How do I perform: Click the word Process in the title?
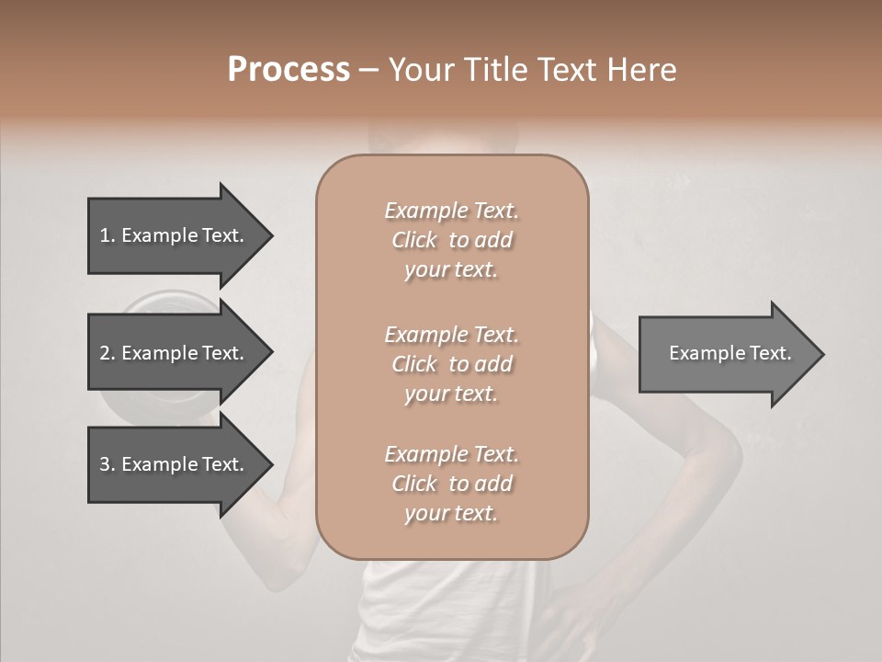coord(288,70)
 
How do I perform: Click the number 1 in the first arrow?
coord(106,235)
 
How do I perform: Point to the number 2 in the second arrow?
coord(106,353)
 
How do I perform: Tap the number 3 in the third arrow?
coord(106,464)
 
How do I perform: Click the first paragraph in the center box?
coord(451,240)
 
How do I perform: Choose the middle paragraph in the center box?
coord(451,364)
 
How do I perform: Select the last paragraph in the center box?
coord(451,484)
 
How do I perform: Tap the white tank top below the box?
coord(450,607)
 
